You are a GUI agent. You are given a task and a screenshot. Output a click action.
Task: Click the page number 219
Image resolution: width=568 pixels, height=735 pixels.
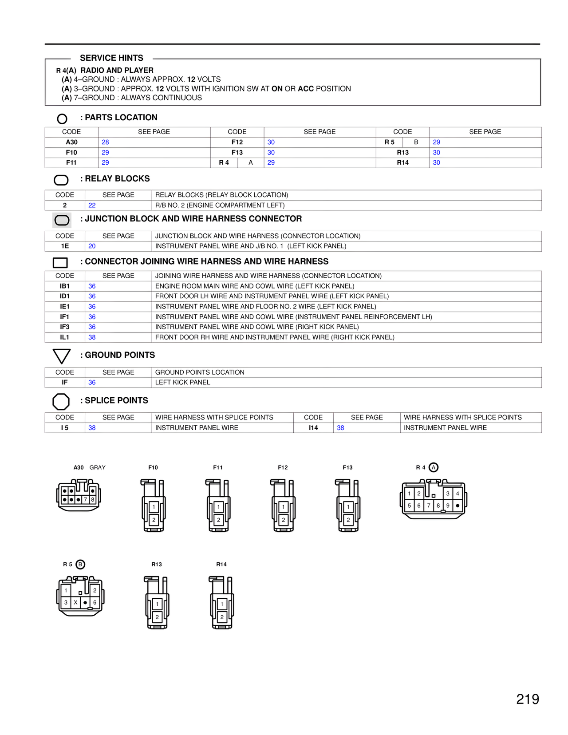527,699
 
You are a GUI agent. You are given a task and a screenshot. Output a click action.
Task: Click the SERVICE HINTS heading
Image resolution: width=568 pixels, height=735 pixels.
111,58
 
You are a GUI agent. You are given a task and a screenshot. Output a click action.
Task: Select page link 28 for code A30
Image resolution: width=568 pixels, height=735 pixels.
105,142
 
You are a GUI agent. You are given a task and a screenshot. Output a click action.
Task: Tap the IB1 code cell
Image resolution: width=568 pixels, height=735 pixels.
65,286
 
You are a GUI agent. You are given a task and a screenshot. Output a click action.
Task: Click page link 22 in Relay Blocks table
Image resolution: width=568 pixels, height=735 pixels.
92,205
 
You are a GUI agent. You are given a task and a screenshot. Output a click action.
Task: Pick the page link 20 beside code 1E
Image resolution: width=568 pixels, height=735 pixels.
92,246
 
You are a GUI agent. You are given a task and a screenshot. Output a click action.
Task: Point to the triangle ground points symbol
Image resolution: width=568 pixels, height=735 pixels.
62,356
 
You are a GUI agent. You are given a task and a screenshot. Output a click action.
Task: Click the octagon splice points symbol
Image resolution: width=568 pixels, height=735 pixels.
61,402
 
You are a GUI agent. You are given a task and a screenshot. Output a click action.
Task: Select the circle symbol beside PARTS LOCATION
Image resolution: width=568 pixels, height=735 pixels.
62,119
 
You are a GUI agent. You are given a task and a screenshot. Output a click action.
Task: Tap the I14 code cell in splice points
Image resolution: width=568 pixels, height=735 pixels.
313,428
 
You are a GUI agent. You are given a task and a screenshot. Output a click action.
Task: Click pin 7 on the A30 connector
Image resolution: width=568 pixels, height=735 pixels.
86,500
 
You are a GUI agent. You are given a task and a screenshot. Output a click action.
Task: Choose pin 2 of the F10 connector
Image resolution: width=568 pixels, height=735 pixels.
154,520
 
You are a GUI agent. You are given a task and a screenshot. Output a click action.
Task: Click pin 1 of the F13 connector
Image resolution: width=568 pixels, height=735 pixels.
348,507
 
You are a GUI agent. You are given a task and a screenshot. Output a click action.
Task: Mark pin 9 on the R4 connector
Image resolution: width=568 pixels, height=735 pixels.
448,506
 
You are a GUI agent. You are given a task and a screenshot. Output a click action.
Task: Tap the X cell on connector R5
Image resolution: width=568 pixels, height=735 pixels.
75,603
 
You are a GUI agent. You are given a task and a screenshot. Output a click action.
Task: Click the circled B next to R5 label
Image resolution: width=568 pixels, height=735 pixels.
80,565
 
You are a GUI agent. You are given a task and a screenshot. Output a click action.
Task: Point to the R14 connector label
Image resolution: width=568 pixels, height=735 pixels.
221,565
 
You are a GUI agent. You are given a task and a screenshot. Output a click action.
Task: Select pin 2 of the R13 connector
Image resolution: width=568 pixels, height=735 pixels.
157,617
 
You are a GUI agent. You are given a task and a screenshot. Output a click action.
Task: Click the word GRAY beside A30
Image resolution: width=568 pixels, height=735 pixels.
98,467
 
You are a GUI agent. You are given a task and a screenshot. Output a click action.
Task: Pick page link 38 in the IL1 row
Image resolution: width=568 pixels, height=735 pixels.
92,337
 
